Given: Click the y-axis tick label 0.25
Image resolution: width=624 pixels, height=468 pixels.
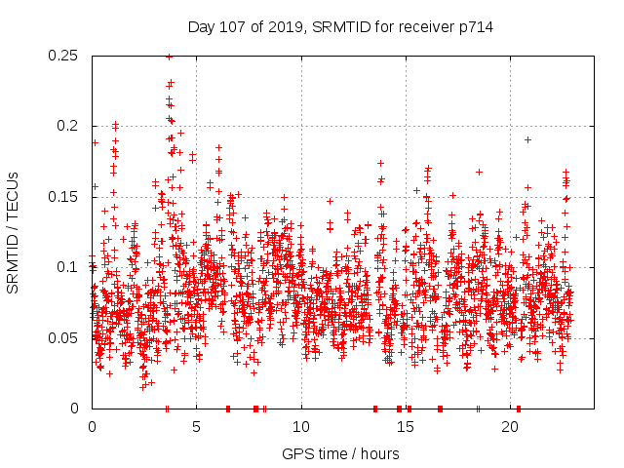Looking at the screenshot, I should pyautogui.click(x=64, y=56).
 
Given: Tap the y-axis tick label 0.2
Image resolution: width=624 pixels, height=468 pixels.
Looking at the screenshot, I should pyautogui.click(x=69, y=126).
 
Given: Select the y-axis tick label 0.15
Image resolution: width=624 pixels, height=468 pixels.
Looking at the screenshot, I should pyautogui.click(x=64, y=197).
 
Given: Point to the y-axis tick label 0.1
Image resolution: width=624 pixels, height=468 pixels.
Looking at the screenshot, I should pyautogui.click(x=69, y=267).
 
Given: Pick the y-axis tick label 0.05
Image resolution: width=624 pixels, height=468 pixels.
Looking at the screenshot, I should pyautogui.click(x=64, y=338).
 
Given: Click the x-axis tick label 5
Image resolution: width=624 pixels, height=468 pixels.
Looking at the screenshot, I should pyautogui.click(x=196, y=427).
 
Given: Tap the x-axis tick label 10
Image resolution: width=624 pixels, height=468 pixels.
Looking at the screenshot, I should pyautogui.click(x=301, y=427).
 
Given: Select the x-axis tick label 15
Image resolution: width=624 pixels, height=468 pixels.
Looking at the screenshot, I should pyautogui.click(x=406, y=427).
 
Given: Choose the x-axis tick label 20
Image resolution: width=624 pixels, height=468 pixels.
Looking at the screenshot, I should pyautogui.click(x=511, y=427).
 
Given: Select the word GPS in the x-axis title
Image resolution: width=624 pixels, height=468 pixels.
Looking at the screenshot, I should pyautogui.click(x=296, y=453).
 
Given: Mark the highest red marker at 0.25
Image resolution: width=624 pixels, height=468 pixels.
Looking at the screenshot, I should pyautogui.click(x=169, y=57).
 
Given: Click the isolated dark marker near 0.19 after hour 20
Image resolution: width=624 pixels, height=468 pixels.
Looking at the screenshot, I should pyautogui.click(x=527, y=139).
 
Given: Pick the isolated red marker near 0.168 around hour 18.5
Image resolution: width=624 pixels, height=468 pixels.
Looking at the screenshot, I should pyautogui.click(x=479, y=172).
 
